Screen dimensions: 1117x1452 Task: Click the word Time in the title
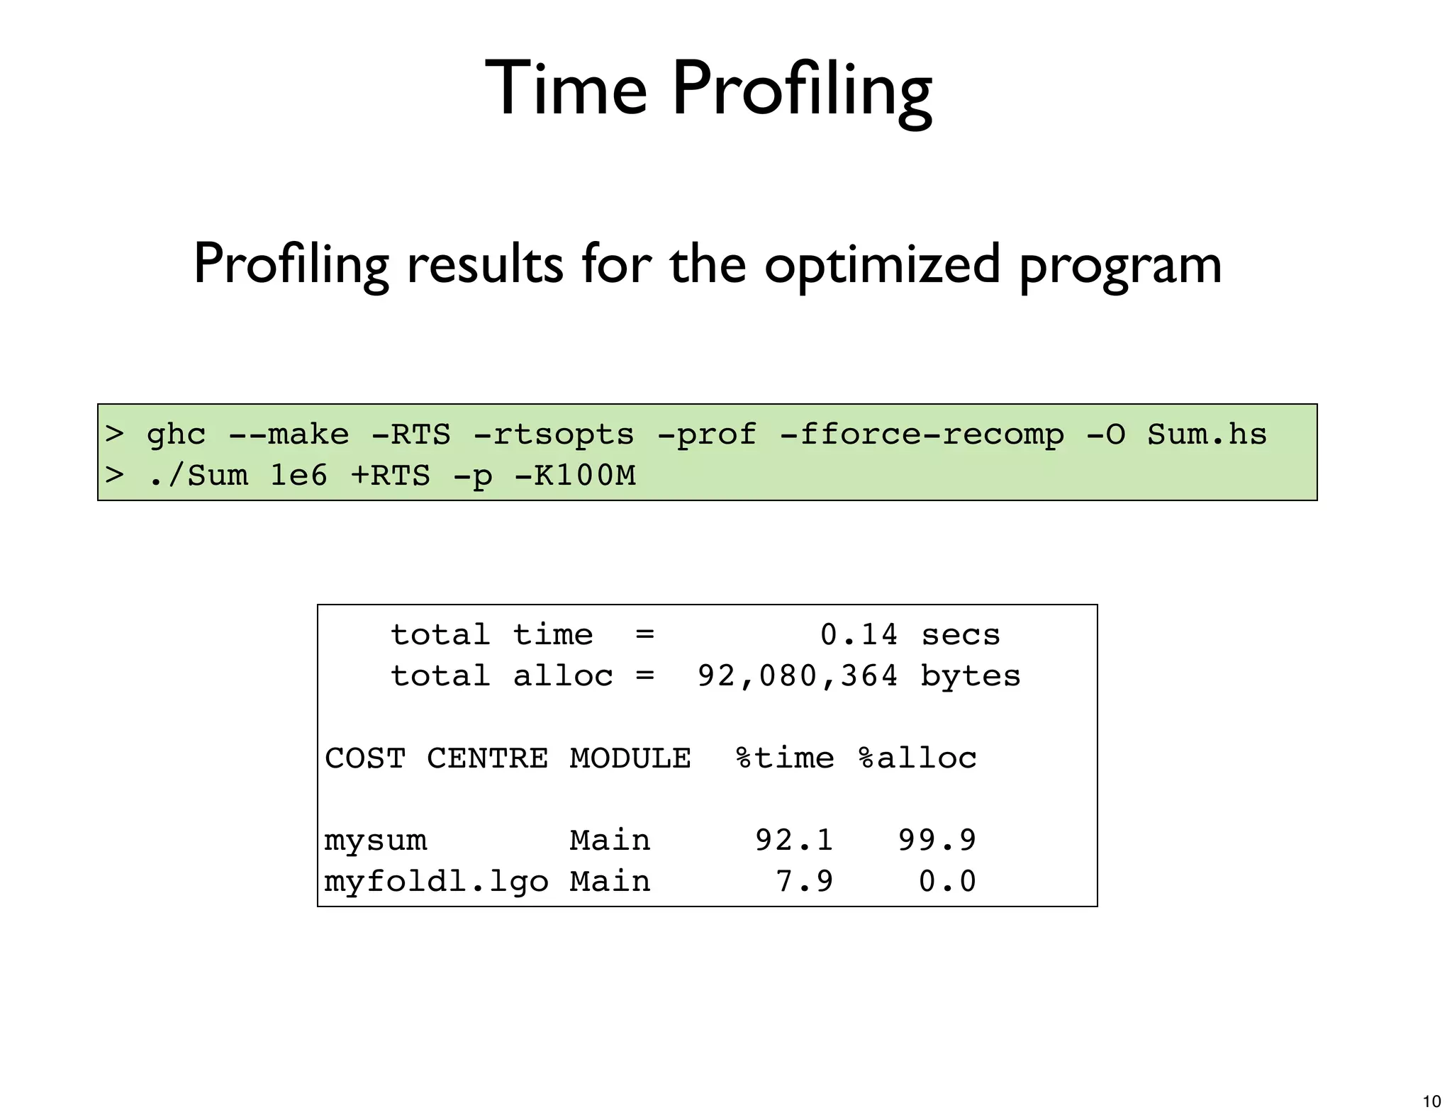566,89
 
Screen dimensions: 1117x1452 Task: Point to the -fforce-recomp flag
922,434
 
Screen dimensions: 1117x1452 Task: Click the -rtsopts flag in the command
553,434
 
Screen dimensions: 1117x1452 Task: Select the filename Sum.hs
1207,434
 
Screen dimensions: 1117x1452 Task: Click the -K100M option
574,476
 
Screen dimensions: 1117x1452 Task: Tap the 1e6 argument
298,476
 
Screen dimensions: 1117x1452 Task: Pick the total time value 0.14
859,635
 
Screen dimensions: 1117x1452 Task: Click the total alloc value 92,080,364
798,676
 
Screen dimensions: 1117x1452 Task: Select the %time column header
785,758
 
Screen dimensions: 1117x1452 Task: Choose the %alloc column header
917,758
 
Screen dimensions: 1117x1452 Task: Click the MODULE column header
630,758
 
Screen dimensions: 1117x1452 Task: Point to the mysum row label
376,841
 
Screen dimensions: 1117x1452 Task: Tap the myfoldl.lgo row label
436,882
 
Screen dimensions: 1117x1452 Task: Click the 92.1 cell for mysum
794,841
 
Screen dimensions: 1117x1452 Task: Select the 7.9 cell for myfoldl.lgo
805,882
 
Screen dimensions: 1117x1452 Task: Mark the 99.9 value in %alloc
937,841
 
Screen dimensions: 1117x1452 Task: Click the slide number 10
1431,1101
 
